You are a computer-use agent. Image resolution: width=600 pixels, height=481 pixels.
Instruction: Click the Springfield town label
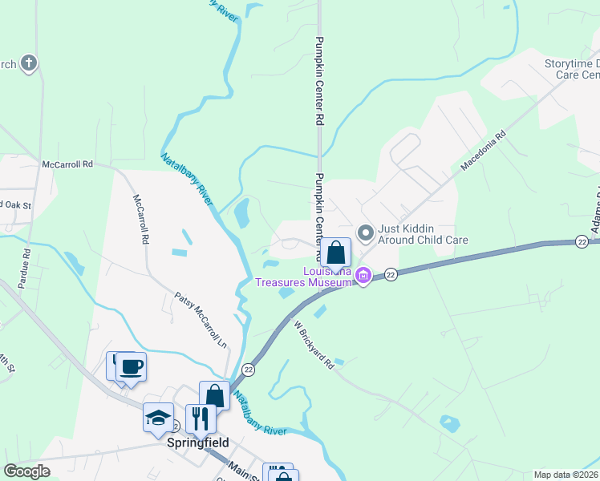tap(197, 443)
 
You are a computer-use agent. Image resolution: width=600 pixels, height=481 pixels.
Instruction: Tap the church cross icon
tap(29, 63)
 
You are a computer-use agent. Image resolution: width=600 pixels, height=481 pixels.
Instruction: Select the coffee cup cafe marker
tap(131, 367)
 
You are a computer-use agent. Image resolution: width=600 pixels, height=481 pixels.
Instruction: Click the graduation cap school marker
tap(158, 417)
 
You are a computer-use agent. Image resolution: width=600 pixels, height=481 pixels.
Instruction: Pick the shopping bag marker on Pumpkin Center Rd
tap(338, 253)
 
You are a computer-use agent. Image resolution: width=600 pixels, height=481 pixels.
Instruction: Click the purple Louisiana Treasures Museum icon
tap(363, 277)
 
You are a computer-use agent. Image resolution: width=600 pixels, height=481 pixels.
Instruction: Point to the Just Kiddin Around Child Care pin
tap(366, 233)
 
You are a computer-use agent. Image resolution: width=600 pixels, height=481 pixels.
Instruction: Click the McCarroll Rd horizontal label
tap(68, 164)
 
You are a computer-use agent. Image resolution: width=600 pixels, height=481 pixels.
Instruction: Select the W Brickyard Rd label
tap(313, 345)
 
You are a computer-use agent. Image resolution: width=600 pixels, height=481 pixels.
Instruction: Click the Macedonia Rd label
tap(484, 152)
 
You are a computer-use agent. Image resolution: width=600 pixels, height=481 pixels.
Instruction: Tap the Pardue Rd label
tap(26, 263)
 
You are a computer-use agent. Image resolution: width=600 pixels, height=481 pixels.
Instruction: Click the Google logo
tap(26, 471)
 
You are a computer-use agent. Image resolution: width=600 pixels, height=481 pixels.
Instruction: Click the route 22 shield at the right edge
tap(582, 241)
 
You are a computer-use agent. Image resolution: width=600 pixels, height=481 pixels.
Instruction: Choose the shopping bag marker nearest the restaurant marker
tap(214, 395)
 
